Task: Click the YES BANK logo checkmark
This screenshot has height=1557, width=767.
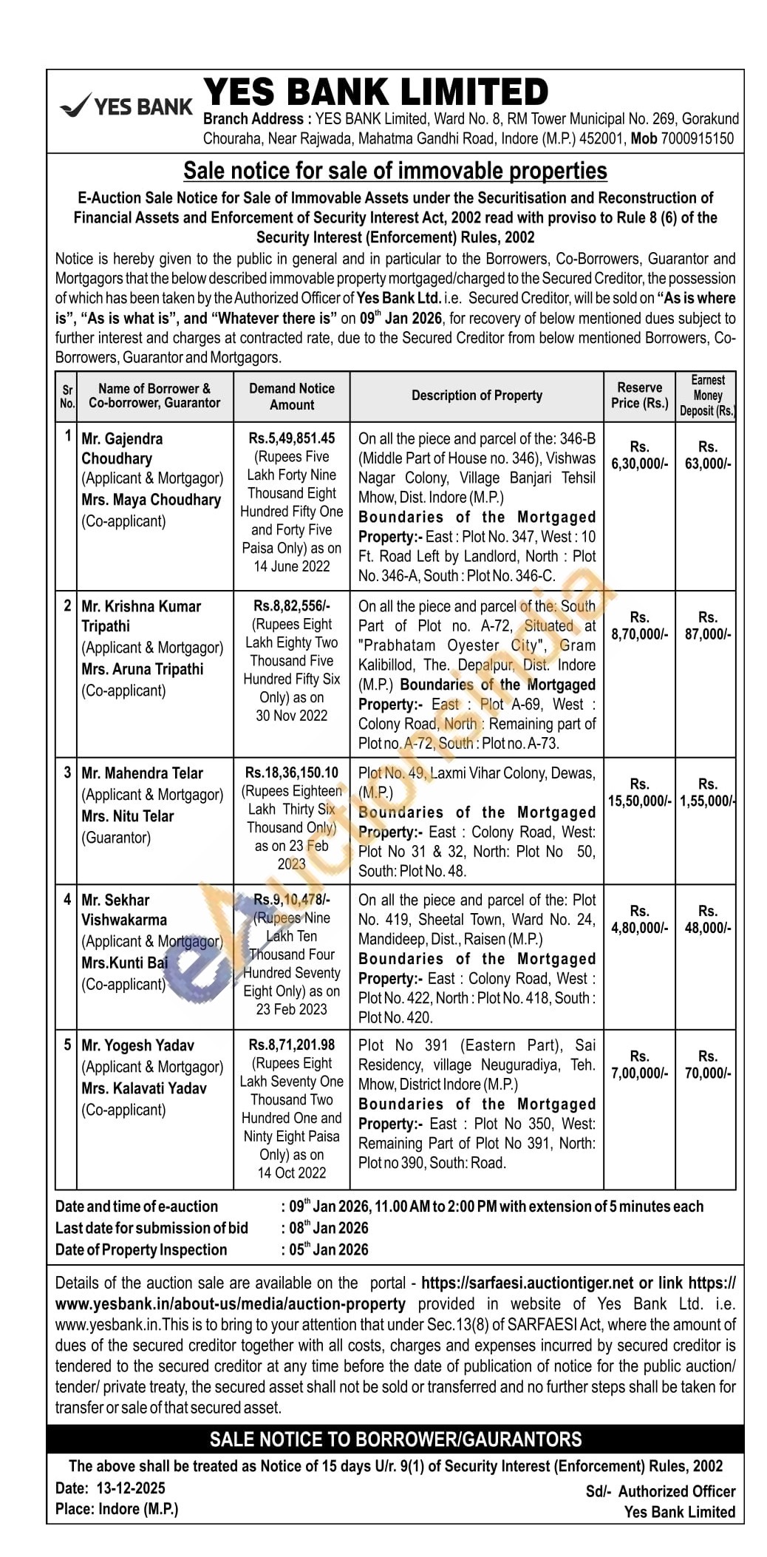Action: pyautogui.click(x=75, y=106)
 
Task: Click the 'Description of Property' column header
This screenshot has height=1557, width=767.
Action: pyautogui.click(x=477, y=396)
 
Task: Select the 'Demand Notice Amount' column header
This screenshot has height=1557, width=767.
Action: pyautogui.click(x=292, y=396)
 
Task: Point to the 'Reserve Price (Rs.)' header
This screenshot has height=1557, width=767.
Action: pyautogui.click(x=639, y=396)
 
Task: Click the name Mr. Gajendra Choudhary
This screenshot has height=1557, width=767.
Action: pyautogui.click(x=122, y=448)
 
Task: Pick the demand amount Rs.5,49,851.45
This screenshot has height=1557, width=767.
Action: pyautogui.click(x=292, y=438)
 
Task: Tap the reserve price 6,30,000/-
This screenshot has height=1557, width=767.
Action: pyautogui.click(x=639, y=464)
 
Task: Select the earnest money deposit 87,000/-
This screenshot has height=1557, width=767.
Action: pyautogui.click(x=708, y=634)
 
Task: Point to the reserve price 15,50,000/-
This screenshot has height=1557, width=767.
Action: pyautogui.click(x=639, y=801)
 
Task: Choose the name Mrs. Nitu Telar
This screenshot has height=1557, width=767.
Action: pyautogui.click(x=128, y=816)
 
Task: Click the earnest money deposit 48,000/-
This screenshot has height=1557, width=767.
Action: pyautogui.click(x=708, y=928)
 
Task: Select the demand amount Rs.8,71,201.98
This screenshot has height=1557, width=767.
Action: pyautogui.click(x=292, y=1045)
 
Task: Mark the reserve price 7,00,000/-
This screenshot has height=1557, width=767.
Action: pyautogui.click(x=639, y=1073)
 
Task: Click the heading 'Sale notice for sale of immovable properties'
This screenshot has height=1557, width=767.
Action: pyautogui.click(x=395, y=171)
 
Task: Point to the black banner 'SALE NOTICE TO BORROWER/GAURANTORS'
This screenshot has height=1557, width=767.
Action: pyautogui.click(x=395, y=1439)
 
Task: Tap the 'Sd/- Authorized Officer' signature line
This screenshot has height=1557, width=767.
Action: pyautogui.click(x=661, y=1491)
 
